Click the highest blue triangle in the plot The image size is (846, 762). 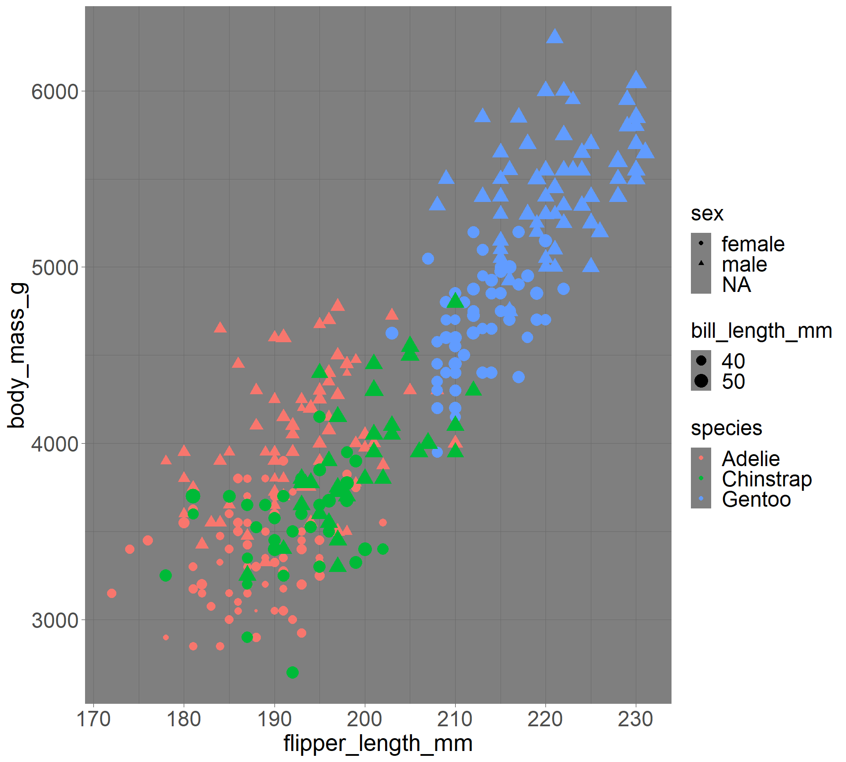[554, 37]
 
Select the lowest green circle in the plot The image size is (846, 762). [293, 672]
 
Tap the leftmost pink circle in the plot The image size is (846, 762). [111, 593]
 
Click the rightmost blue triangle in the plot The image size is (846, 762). [645, 151]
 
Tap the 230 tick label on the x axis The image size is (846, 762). [635, 720]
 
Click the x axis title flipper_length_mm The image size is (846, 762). [378, 743]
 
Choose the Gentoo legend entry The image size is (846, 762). [756, 500]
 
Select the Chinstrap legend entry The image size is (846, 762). [767, 479]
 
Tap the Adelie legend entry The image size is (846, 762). [751, 459]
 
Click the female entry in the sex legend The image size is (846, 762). [753, 244]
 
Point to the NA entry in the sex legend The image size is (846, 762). [736, 284]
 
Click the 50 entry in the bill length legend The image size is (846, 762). [733, 381]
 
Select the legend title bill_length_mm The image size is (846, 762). [761, 331]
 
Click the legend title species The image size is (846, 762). [727, 428]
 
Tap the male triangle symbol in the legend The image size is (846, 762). [701, 263]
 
